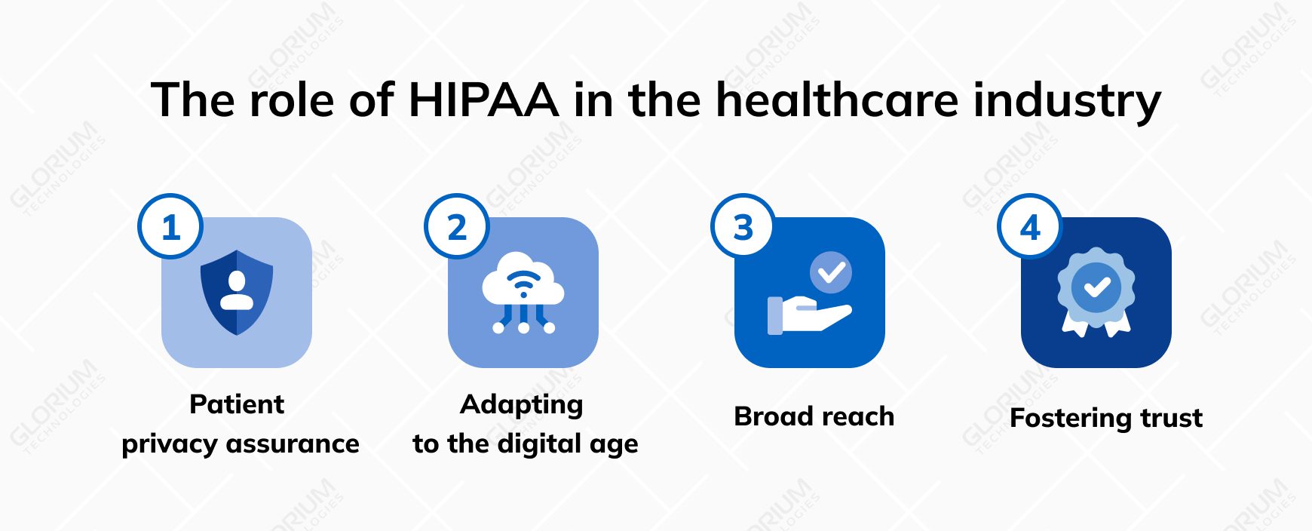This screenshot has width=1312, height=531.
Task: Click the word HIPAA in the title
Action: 483,100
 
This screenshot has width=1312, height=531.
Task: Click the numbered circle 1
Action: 170,227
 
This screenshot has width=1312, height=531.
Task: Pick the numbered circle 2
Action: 457,227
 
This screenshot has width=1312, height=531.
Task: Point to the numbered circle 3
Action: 743,227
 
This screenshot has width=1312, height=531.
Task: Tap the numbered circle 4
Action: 1030,227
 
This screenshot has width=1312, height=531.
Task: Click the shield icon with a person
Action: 237,293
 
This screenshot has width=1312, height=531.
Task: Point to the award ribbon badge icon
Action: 1096,291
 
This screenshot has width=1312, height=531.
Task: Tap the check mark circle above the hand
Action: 831,272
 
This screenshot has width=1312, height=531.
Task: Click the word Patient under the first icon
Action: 237,404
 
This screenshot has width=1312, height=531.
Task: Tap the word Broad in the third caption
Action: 772,416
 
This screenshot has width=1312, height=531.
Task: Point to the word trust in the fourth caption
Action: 1171,418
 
